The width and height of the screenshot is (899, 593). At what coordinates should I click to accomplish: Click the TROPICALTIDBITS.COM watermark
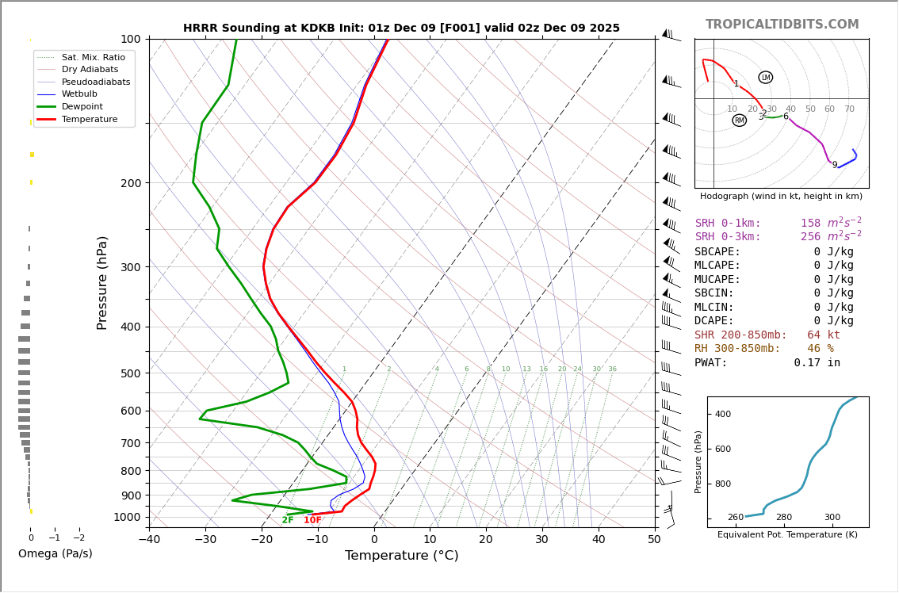coord(782,25)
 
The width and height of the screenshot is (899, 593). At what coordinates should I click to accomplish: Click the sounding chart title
coord(401,28)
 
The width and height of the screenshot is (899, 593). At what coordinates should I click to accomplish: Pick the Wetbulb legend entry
coord(83,94)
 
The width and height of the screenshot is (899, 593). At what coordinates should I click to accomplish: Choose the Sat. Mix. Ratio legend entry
coord(93,57)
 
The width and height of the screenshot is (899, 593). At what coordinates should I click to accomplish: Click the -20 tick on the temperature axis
coord(262,540)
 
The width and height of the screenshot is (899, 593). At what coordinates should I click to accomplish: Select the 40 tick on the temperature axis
coord(598,540)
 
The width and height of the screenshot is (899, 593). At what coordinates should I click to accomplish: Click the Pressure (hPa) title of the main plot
coord(102,282)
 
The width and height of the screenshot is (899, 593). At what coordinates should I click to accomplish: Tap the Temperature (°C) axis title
coord(401,556)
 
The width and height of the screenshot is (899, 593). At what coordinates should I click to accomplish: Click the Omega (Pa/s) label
coord(55,553)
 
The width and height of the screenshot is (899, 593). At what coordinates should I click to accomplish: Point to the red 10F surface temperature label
coord(312,520)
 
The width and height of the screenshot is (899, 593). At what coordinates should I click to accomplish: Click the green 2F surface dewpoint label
coord(287,520)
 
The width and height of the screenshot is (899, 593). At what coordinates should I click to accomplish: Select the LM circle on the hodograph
coord(765,78)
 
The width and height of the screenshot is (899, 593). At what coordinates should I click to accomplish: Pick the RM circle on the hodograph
coord(739,121)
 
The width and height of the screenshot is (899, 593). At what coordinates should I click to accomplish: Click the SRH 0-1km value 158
coord(810,224)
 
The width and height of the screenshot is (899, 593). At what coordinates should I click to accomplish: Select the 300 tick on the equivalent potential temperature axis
coord(832,518)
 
